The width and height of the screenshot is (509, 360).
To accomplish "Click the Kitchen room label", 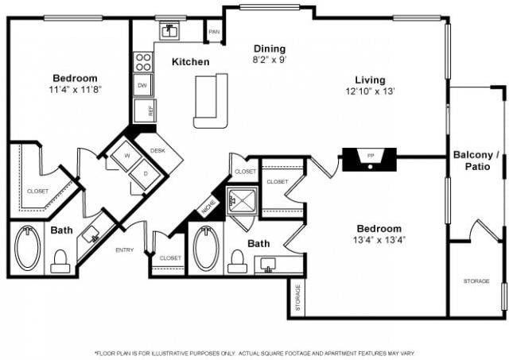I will [x=190, y=62].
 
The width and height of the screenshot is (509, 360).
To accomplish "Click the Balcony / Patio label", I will [x=476, y=161].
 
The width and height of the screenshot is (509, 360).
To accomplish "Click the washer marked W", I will [x=126, y=157].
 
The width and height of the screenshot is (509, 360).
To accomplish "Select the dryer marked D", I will [x=145, y=172].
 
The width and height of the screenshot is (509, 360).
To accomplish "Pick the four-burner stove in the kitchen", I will [x=143, y=62].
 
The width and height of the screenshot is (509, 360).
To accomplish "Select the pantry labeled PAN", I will [x=213, y=32].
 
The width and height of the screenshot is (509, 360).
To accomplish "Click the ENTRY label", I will [x=126, y=250].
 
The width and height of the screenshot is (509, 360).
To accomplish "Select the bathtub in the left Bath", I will [x=29, y=249].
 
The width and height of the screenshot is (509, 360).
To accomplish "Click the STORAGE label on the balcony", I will [x=477, y=281].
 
